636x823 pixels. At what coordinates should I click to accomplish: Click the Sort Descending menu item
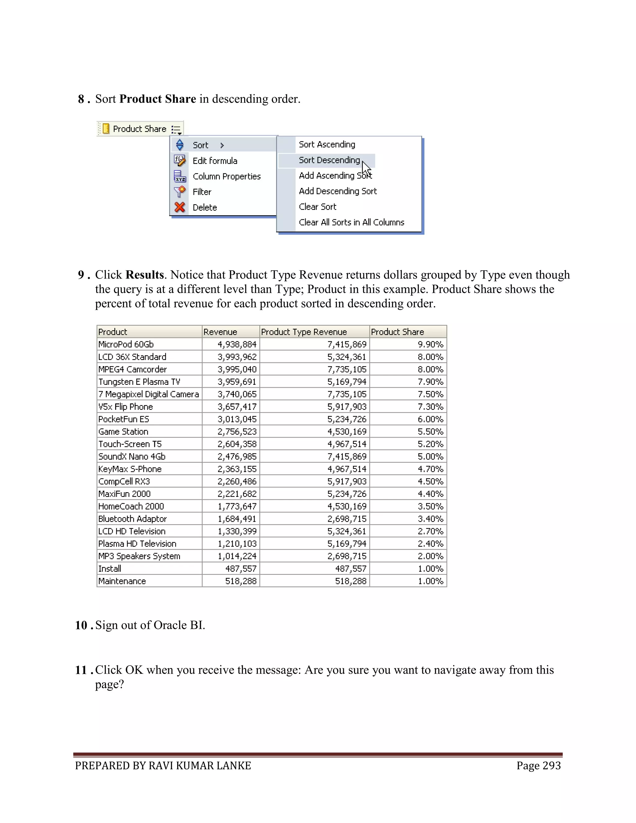click(329, 160)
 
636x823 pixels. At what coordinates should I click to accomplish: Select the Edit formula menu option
click(215, 161)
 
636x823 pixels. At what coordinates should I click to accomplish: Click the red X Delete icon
click(180, 207)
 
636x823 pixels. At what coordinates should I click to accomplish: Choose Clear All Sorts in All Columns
click(351, 222)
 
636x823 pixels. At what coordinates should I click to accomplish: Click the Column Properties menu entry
click(226, 176)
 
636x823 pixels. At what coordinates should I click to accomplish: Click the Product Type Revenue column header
click(304, 332)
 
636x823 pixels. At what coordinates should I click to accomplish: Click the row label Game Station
click(123, 431)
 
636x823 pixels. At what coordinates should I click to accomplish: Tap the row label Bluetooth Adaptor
click(132, 519)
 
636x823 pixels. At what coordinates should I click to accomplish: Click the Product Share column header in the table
click(397, 332)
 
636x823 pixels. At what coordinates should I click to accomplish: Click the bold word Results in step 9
click(145, 275)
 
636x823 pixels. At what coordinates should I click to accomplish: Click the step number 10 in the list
click(81, 625)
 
